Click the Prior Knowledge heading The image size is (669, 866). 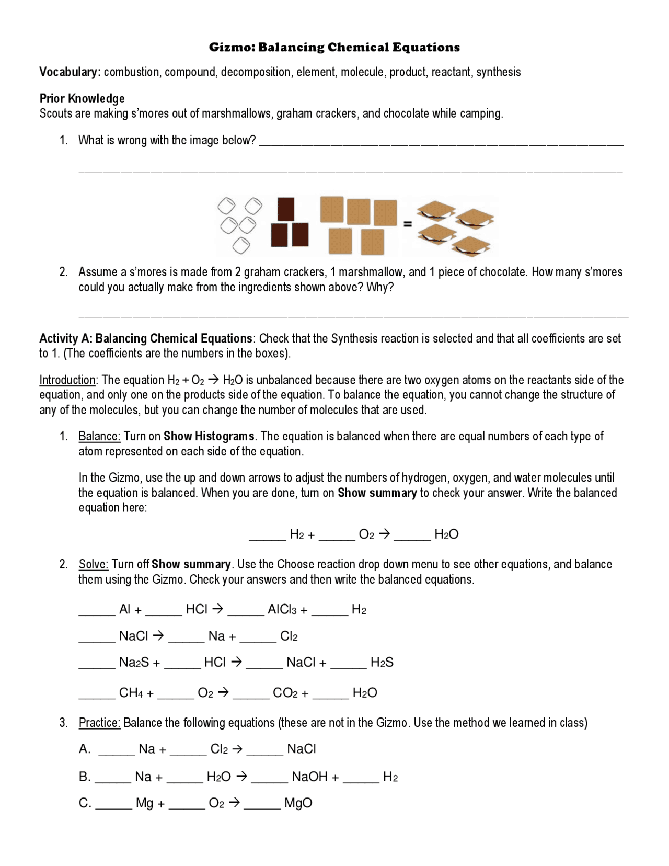pyautogui.click(x=82, y=98)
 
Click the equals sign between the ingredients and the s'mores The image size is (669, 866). pyautogui.click(x=408, y=224)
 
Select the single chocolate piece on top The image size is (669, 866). pyautogui.click(x=286, y=209)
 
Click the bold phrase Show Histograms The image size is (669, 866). pyautogui.click(x=209, y=436)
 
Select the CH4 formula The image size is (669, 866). pyautogui.click(x=131, y=693)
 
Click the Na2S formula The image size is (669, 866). pyautogui.click(x=134, y=663)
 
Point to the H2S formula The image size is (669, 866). pyautogui.click(x=382, y=663)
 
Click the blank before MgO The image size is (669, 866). pyautogui.click(x=262, y=804)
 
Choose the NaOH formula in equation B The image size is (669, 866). pyautogui.click(x=309, y=777)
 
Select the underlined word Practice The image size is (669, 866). pyautogui.click(x=99, y=723)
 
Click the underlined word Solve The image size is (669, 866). pyautogui.click(x=93, y=564)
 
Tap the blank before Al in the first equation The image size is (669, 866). pyautogui.click(x=97, y=610)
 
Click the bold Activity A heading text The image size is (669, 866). pyautogui.click(x=145, y=338)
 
